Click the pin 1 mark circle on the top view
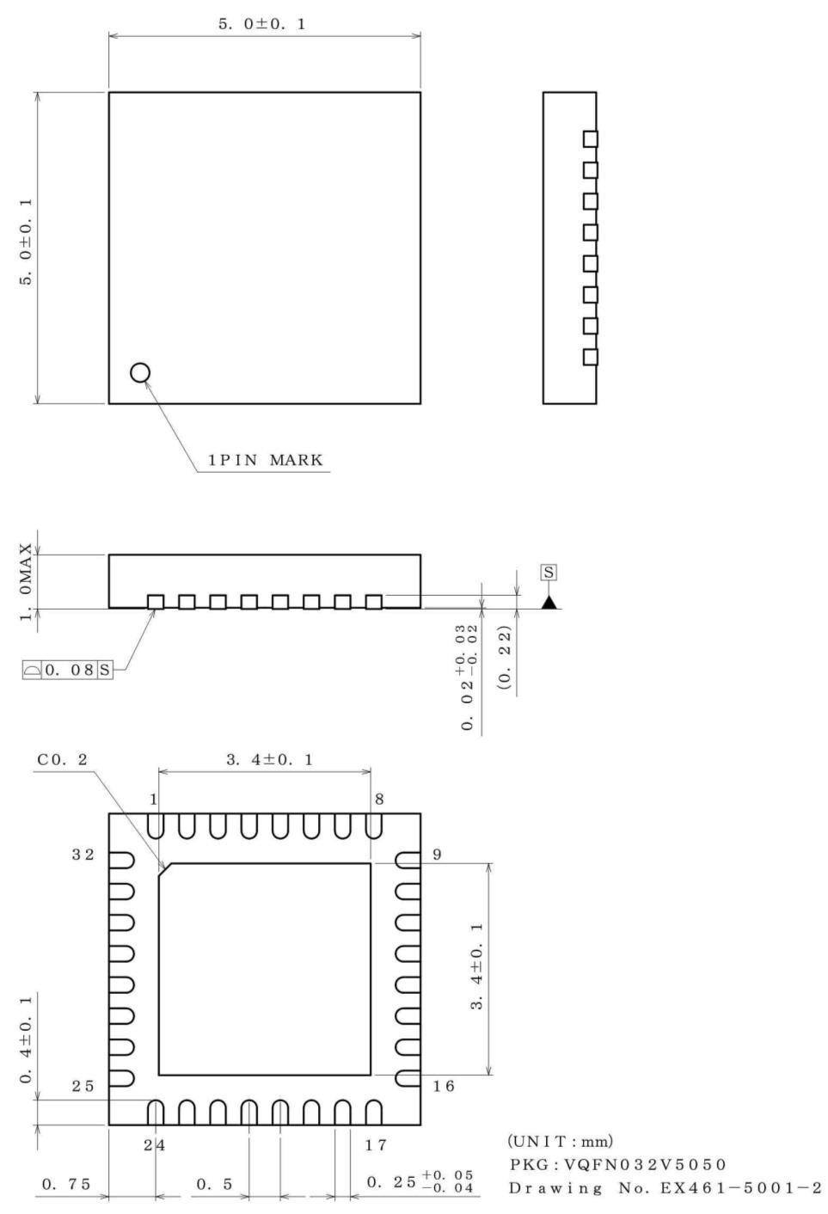tap(140, 372)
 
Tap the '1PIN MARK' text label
tap(266, 460)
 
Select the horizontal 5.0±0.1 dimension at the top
tap(262, 24)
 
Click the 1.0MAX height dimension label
tap(27, 581)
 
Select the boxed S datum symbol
tap(549, 573)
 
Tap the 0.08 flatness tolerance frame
tap(68, 670)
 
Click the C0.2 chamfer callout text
tap(62, 760)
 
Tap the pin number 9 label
tap(437, 855)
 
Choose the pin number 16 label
tap(443, 1086)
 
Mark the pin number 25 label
tap(83, 1086)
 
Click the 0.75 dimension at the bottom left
tap(66, 1184)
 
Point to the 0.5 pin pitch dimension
tap(214, 1184)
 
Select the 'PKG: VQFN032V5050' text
tap(617, 1164)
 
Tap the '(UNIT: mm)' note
tap(560, 1141)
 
